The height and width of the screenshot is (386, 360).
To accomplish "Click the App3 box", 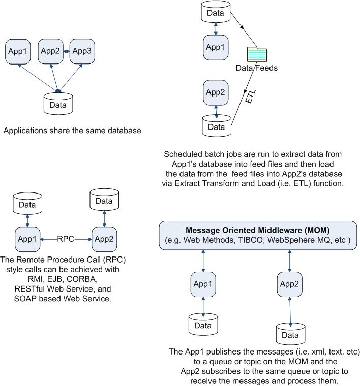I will pyautogui.click(x=82, y=51).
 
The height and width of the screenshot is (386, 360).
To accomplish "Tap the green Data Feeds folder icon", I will pyautogui.click(x=257, y=54).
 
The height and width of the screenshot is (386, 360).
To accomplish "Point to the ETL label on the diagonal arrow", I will pyautogui.click(x=250, y=99).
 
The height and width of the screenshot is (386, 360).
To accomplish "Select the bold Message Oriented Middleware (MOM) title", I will pyautogui.click(x=259, y=230).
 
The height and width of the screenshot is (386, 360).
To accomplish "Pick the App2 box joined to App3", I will pyautogui.click(x=50, y=51).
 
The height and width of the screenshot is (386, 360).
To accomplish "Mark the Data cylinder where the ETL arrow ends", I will pyautogui.click(x=217, y=126).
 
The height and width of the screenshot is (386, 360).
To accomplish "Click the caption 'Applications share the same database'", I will pyautogui.click(x=72, y=131).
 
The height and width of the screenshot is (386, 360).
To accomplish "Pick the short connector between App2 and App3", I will pyautogui.click(x=66, y=51).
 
